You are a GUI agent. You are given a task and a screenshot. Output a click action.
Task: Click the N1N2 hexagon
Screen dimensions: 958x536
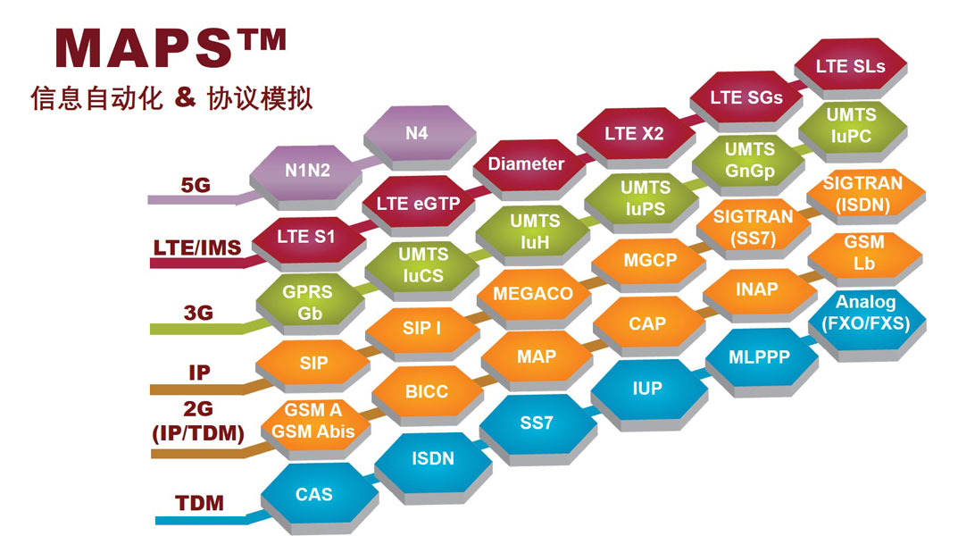[307, 173]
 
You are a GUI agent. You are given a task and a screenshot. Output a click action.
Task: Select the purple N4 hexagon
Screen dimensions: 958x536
[420, 136]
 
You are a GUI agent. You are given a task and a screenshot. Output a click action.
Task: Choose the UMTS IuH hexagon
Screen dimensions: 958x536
[533, 233]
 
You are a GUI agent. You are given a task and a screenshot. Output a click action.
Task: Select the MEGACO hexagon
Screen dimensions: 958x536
[534, 297]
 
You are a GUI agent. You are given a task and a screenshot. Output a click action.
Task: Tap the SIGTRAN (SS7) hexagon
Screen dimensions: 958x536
[754, 229]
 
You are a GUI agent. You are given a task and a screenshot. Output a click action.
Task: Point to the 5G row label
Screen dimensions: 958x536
[196, 185]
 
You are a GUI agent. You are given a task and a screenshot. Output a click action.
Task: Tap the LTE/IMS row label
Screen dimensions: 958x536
[197, 247]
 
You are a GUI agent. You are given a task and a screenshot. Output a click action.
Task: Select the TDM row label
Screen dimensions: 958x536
[199, 503]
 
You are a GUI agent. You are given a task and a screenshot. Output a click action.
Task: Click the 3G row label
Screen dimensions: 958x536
[198, 313]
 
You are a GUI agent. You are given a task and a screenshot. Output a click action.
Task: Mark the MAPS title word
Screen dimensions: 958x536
[144, 48]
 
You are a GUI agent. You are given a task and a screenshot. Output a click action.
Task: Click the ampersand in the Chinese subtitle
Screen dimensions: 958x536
[185, 97]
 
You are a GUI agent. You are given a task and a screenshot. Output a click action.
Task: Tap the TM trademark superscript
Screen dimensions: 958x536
[262, 39]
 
